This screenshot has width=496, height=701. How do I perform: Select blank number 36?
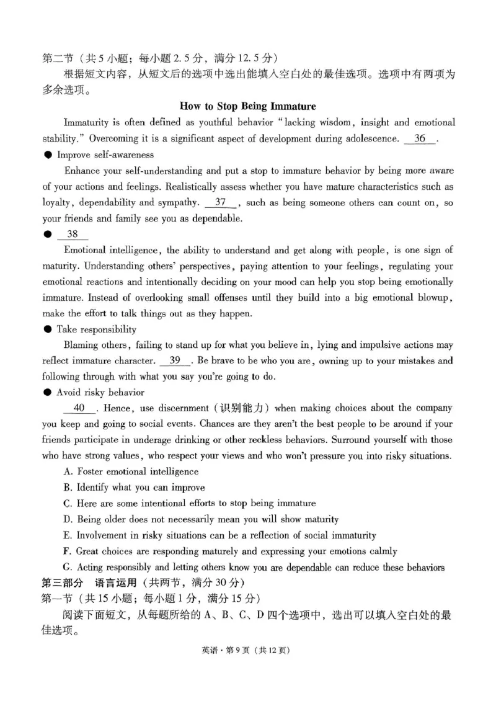click(420, 138)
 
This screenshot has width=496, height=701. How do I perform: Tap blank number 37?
click(220, 202)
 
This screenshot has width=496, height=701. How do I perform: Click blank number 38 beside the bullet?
click(73, 234)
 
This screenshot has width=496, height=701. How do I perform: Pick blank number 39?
click(175, 360)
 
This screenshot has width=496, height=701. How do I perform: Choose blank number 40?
click(79, 408)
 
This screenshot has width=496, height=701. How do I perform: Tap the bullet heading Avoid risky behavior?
click(100, 392)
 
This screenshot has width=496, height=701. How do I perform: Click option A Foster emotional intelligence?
click(131, 471)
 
